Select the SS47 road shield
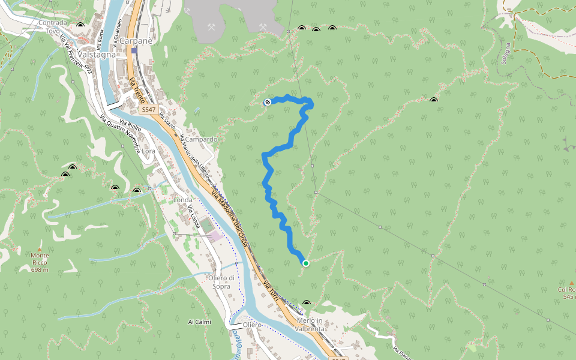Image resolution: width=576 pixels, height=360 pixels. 148,110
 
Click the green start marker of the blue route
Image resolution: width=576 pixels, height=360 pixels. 306,263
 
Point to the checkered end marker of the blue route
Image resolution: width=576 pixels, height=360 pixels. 268,102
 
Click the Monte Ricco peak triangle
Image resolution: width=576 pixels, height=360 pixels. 40,249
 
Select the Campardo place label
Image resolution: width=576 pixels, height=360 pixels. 201,139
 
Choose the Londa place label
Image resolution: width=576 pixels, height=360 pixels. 183,200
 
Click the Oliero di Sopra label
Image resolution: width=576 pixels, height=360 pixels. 217,282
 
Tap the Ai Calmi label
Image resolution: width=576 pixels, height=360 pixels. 200,322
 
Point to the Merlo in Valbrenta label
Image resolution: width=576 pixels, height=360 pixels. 310,325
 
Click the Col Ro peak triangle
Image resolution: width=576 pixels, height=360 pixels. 570,282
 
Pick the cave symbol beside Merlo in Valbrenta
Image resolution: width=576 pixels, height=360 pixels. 307,304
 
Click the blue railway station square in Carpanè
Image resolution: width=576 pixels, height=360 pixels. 134,50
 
